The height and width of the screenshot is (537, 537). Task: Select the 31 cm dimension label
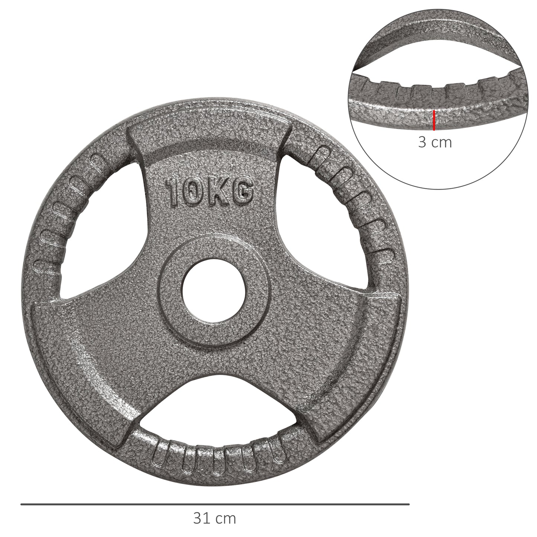click(214, 518)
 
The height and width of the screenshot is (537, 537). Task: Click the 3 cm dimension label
click(434, 142)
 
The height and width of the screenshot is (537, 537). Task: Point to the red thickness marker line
click(434, 120)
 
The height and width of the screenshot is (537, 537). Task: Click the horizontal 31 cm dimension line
click(214, 504)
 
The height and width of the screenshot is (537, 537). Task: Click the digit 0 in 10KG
click(193, 192)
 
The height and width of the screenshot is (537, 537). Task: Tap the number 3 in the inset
click(422, 142)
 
